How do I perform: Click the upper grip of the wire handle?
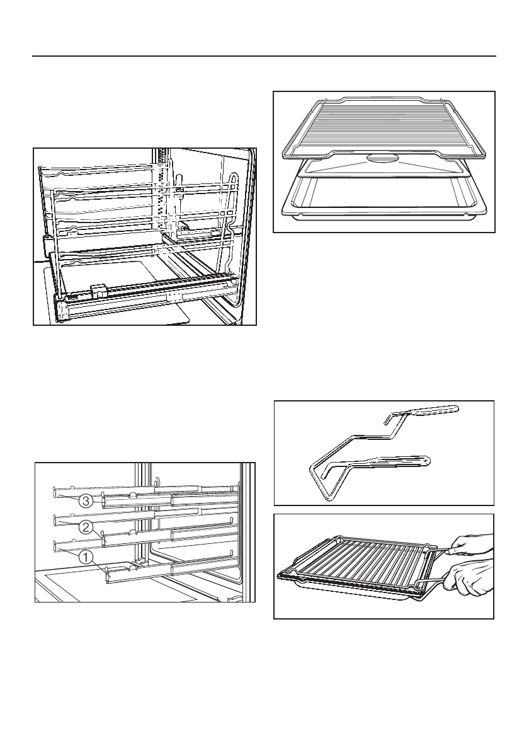click(435, 411)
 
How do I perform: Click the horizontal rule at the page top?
click(264, 55)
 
